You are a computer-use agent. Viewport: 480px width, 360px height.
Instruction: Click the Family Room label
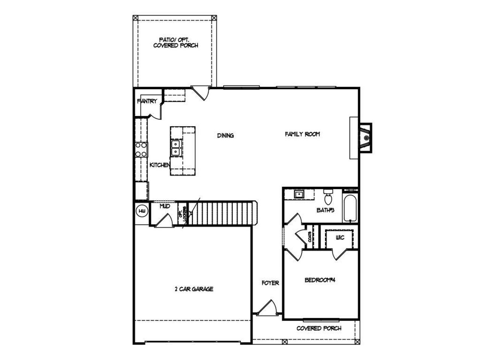[x=302, y=134]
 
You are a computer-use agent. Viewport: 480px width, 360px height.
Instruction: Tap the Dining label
[x=225, y=135]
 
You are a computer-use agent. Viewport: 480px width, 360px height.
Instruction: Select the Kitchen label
[x=160, y=165]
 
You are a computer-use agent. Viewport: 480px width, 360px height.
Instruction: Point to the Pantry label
[x=147, y=101]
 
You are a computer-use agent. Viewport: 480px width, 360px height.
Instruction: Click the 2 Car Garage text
[x=194, y=289]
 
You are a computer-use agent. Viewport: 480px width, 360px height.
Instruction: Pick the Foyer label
[x=270, y=283]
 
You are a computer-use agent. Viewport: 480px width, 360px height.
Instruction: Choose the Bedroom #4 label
[x=319, y=280]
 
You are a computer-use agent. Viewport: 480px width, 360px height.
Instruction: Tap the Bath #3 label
[x=325, y=210]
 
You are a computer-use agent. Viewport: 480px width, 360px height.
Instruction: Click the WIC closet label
[x=340, y=238]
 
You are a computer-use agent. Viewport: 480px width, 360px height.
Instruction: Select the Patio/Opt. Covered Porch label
[x=175, y=42]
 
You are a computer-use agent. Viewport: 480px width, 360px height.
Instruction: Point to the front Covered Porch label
[x=319, y=328]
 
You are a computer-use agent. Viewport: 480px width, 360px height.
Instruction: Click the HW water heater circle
[x=142, y=211]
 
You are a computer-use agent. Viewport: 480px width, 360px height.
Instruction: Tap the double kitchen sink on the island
[x=175, y=148]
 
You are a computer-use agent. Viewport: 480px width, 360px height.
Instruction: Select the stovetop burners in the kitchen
[x=141, y=149]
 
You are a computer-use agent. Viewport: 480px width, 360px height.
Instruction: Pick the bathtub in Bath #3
[x=351, y=208]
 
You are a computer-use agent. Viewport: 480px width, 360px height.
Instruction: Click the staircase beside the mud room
[x=221, y=213]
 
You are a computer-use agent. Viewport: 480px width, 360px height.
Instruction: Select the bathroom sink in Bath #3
[x=299, y=194]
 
